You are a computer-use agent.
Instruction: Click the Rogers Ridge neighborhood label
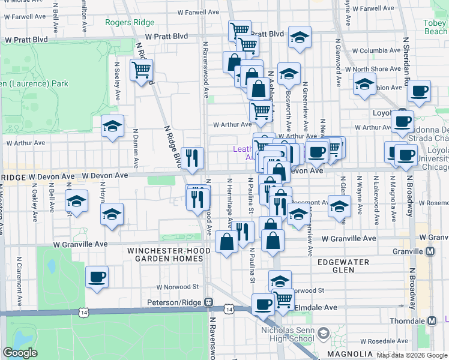130,23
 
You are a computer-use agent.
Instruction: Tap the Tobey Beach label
435,28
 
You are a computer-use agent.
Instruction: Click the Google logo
20,353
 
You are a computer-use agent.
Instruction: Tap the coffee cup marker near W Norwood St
97,277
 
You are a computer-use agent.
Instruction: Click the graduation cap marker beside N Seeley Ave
112,127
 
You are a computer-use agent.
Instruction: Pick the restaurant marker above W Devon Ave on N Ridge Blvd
192,158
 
